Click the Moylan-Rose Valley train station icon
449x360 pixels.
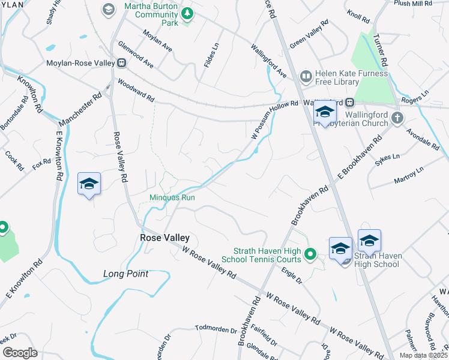pyautogui.click(x=122, y=62)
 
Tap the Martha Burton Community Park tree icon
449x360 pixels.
pyautogui.click(x=187, y=12)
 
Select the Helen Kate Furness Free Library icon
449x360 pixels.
pyautogui.click(x=306, y=76)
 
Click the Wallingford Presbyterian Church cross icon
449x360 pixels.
pyautogui.click(x=397, y=118)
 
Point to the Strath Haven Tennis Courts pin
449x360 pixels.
pyautogui.click(x=310, y=254)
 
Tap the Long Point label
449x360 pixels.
pyautogui.click(x=125, y=274)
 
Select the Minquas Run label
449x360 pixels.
pyautogui.click(x=172, y=197)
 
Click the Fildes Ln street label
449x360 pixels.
pyautogui.click(x=210, y=53)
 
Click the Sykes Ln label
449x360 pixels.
pyautogui.click(x=387, y=157)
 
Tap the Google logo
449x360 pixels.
pyautogui.click(x=20, y=353)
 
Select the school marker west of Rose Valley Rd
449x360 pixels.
pyautogui.click(x=89, y=184)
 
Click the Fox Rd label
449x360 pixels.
pyautogui.click(x=42, y=164)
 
